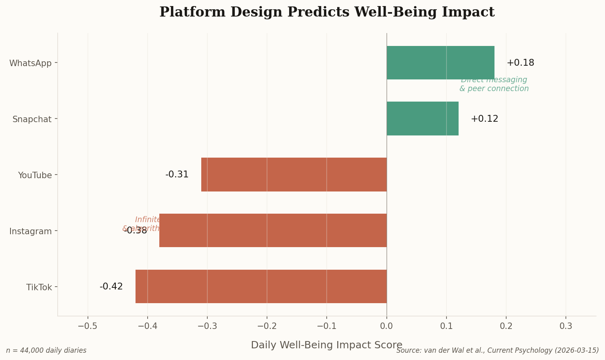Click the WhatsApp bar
440,62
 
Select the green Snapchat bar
422,119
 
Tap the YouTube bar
294,175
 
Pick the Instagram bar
273,230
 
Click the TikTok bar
261,286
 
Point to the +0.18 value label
520,63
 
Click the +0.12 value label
484,119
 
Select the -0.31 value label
177,175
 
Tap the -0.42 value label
111,287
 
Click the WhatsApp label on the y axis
31,63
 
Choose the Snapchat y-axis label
32,119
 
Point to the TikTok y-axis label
39,287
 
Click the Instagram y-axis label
31,231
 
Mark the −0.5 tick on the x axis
88,326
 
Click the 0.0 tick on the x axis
386,326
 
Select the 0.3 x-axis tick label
566,326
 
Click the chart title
327,12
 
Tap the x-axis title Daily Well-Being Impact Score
327,345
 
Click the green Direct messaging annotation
494,84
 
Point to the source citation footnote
497,350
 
